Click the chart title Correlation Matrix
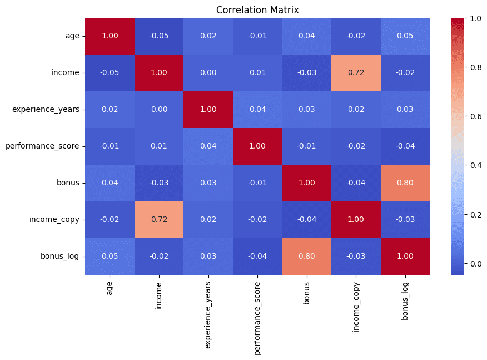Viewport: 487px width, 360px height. coord(257,9)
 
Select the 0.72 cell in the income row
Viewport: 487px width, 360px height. coord(356,73)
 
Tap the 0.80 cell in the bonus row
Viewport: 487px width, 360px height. coord(405,183)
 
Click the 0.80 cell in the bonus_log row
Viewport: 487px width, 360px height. coord(307,257)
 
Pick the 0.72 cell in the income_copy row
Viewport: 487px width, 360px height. coord(159,220)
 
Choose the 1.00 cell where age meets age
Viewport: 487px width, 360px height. coord(110,36)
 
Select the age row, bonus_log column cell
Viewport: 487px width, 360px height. coord(405,36)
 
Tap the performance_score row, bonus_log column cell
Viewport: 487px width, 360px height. coord(405,146)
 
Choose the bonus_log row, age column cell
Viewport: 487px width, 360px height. coord(110,257)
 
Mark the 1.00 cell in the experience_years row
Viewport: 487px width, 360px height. coord(208,110)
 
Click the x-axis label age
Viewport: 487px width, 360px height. coord(110,288)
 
